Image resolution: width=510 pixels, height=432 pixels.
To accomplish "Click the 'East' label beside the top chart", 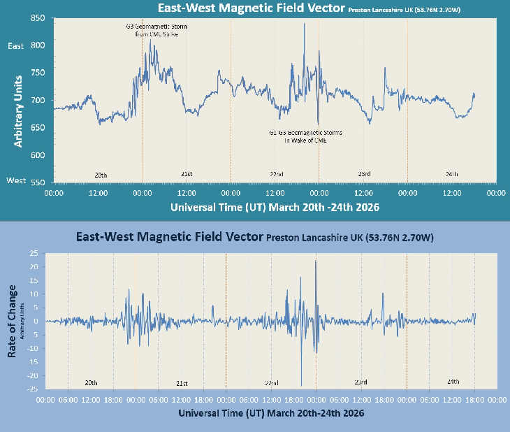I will tap(15, 46).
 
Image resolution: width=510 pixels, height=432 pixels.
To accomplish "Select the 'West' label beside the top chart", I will tap(15, 180).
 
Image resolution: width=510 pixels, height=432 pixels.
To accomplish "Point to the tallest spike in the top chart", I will tap(305, 24).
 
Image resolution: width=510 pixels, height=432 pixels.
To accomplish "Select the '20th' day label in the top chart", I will tap(101, 174).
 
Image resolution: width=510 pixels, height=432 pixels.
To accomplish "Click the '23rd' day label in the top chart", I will tap(364, 174).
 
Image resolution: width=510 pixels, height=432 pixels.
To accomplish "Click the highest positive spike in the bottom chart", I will tap(316, 261).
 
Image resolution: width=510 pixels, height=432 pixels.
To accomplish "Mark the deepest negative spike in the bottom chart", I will tap(301, 384).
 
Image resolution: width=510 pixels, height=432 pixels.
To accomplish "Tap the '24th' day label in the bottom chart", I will tap(453, 382).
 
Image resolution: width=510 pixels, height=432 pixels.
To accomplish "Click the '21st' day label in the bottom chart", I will tap(182, 383).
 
